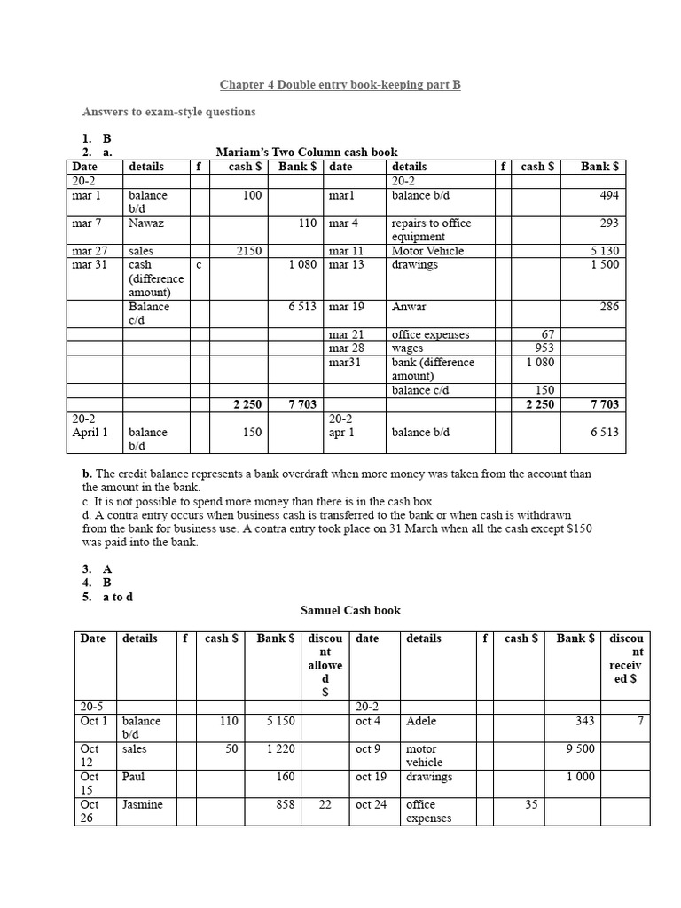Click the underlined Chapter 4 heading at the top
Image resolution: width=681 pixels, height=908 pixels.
(x=340, y=85)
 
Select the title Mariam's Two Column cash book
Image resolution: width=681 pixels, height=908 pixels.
(x=307, y=153)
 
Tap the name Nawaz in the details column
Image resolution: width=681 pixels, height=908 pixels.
(x=146, y=223)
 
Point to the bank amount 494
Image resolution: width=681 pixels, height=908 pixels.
(x=609, y=195)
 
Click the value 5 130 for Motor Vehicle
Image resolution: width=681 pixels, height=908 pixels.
(x=604, y=251)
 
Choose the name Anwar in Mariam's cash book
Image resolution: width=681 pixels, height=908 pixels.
(x=409, y=307)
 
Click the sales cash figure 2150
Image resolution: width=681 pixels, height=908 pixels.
(x=248, y=251)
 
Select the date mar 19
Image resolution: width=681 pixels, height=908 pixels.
(x=346, y=307)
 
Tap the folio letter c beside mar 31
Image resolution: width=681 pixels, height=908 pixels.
(x=199, y=264)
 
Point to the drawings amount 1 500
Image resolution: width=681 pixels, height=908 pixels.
(x=605, y=264)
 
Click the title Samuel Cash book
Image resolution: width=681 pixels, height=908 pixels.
(x=351, y=610)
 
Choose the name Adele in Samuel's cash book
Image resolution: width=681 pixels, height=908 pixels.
(x=421, y=721)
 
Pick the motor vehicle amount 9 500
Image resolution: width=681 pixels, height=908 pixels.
(x=580, y=748)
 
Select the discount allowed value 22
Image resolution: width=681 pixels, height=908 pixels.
(x=324, y=804)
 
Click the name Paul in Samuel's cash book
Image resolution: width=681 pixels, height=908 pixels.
(x=134, y=777)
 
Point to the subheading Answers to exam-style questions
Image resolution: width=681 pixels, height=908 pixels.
(x=169, y=112)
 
